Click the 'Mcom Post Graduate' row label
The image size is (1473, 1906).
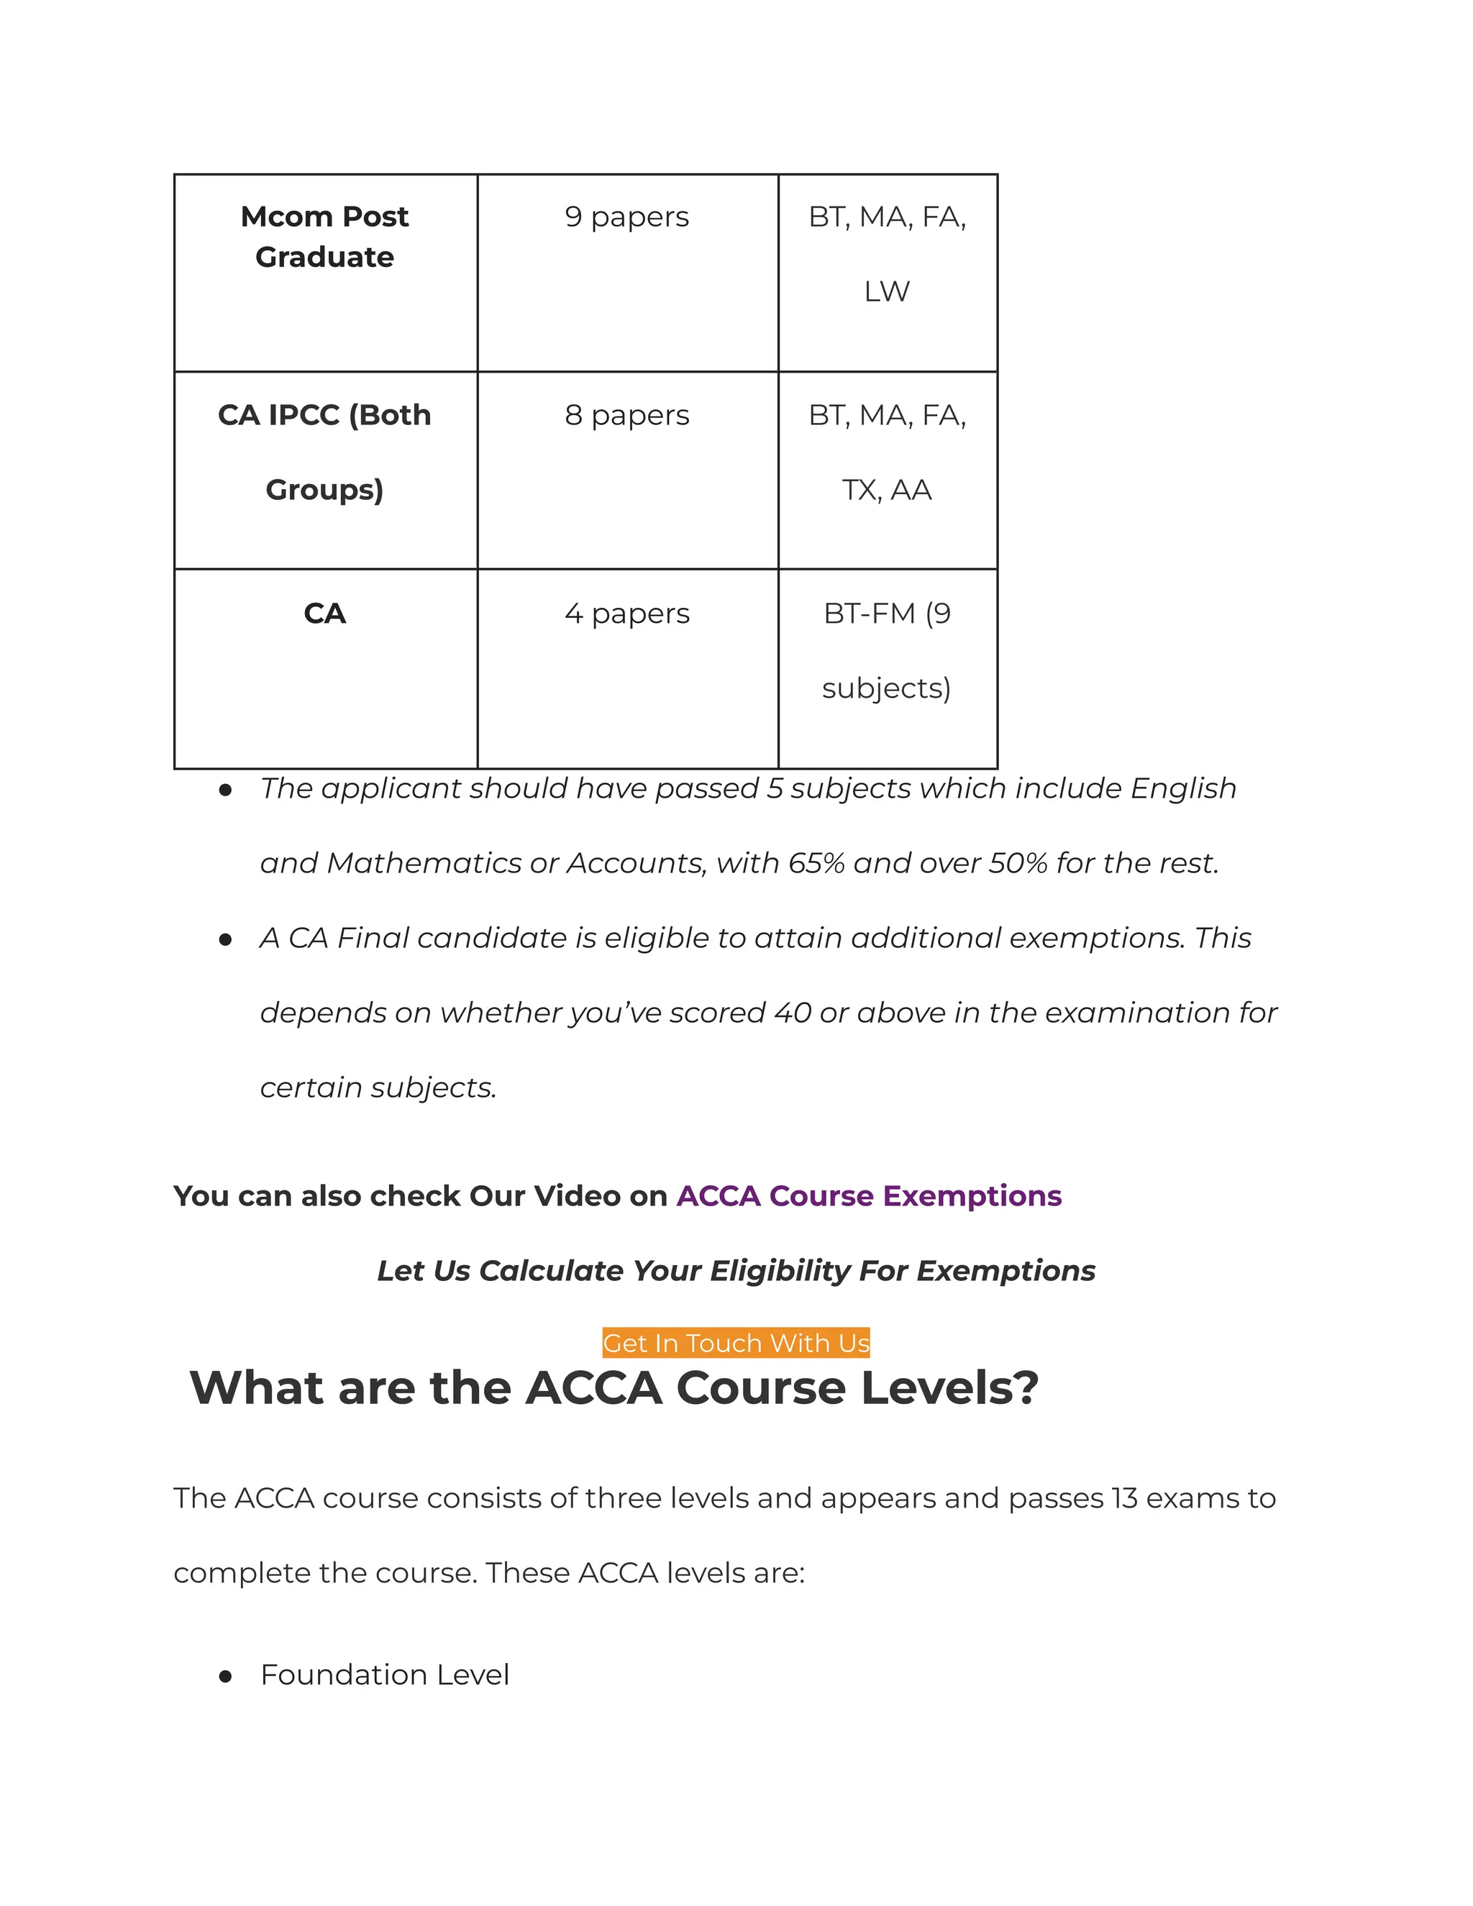pos(324,237)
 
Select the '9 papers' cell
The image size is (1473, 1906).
pos(626,216)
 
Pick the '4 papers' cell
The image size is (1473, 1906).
pos(626,614)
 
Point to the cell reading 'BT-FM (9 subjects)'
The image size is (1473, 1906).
pos(887,650)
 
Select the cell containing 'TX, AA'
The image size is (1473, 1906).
pos(887,491)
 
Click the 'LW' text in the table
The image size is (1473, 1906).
pos(887,291)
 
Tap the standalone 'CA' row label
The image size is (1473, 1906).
pos(324,614)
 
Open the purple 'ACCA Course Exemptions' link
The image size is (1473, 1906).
pos(868,1195)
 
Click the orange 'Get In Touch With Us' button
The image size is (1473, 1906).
pos(736,1343)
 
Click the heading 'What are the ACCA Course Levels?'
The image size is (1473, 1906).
pos(614,1387)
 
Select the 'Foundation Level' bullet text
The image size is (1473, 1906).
pos(384,1674)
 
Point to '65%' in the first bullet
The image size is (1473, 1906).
pos(816,863)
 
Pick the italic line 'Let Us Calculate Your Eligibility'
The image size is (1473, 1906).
pos(736,1271)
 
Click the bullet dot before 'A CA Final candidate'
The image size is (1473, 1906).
pos(225,940)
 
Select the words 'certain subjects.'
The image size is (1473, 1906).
pos(378,1087)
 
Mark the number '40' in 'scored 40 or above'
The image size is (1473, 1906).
pos(793,1013)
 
